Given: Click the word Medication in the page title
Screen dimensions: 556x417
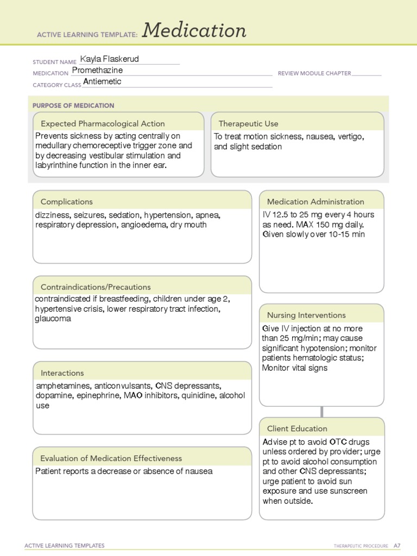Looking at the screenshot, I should tap(194, 31).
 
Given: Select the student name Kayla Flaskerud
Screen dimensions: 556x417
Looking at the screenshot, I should tap(113, 59).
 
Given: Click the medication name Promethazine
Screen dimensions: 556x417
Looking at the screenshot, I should tap(97, 71).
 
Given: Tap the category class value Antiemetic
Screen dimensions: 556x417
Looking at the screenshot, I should tap(102, 82).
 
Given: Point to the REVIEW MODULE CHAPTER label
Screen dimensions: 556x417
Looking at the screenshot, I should tap(314, 73).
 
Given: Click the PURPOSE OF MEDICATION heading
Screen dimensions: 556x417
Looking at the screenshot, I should tap(73, 105).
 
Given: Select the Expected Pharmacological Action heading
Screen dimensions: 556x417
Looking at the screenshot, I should tap(103, 124).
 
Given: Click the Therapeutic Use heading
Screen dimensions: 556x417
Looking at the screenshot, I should tap(248, 124).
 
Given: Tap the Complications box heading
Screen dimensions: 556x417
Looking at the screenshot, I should tap(67, 201).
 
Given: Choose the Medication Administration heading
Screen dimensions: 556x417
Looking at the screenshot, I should tap(315, 201).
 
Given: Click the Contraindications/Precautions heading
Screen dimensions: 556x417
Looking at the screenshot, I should tap(96, 287).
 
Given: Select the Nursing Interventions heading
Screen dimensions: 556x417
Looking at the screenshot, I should tap(306, 315).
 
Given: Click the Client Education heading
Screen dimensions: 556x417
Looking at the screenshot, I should tap(297, 428).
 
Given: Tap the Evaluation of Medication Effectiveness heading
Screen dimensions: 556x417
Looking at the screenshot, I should tap(111, 458).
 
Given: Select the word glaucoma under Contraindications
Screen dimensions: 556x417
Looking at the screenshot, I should tap(53, 319).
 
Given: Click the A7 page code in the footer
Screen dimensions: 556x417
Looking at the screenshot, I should tap(397, 546).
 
